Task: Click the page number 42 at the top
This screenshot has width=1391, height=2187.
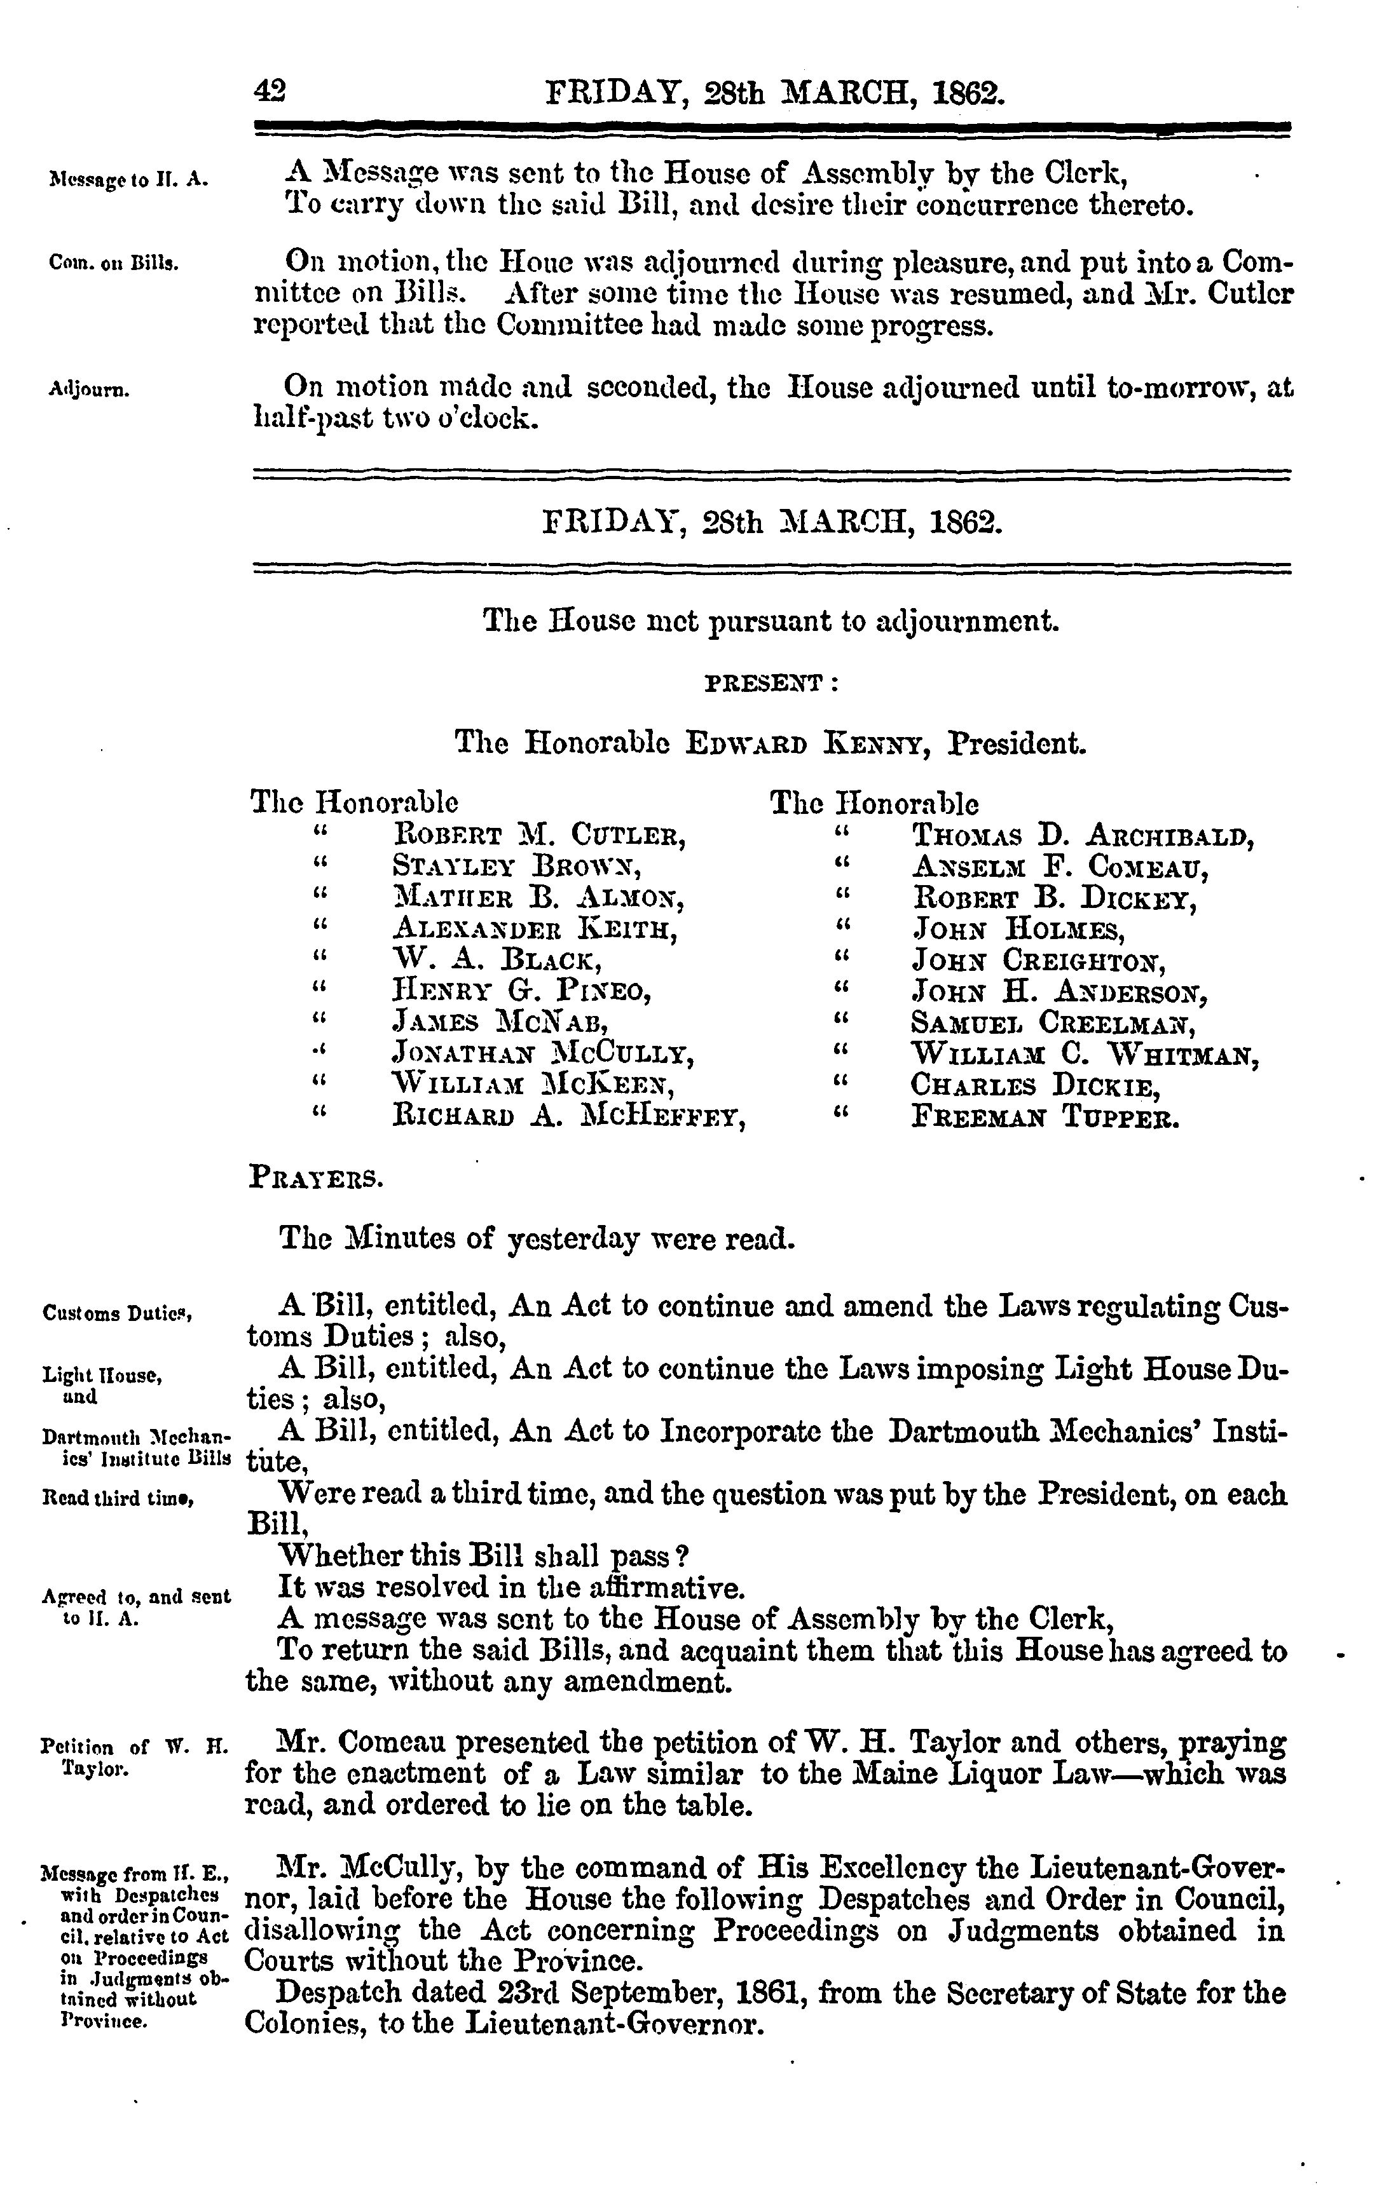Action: (270, 91)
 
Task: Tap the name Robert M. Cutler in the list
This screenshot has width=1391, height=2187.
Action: (538, 834)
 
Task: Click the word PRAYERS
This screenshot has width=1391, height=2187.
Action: (315, 1180)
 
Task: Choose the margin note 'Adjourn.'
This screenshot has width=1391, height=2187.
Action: (88, 391)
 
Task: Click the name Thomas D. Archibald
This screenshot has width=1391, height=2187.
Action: (1082, 834)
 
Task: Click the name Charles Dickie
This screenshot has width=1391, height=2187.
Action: (1036, 1085)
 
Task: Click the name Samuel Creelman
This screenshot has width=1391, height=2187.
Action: (1053, 1023)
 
